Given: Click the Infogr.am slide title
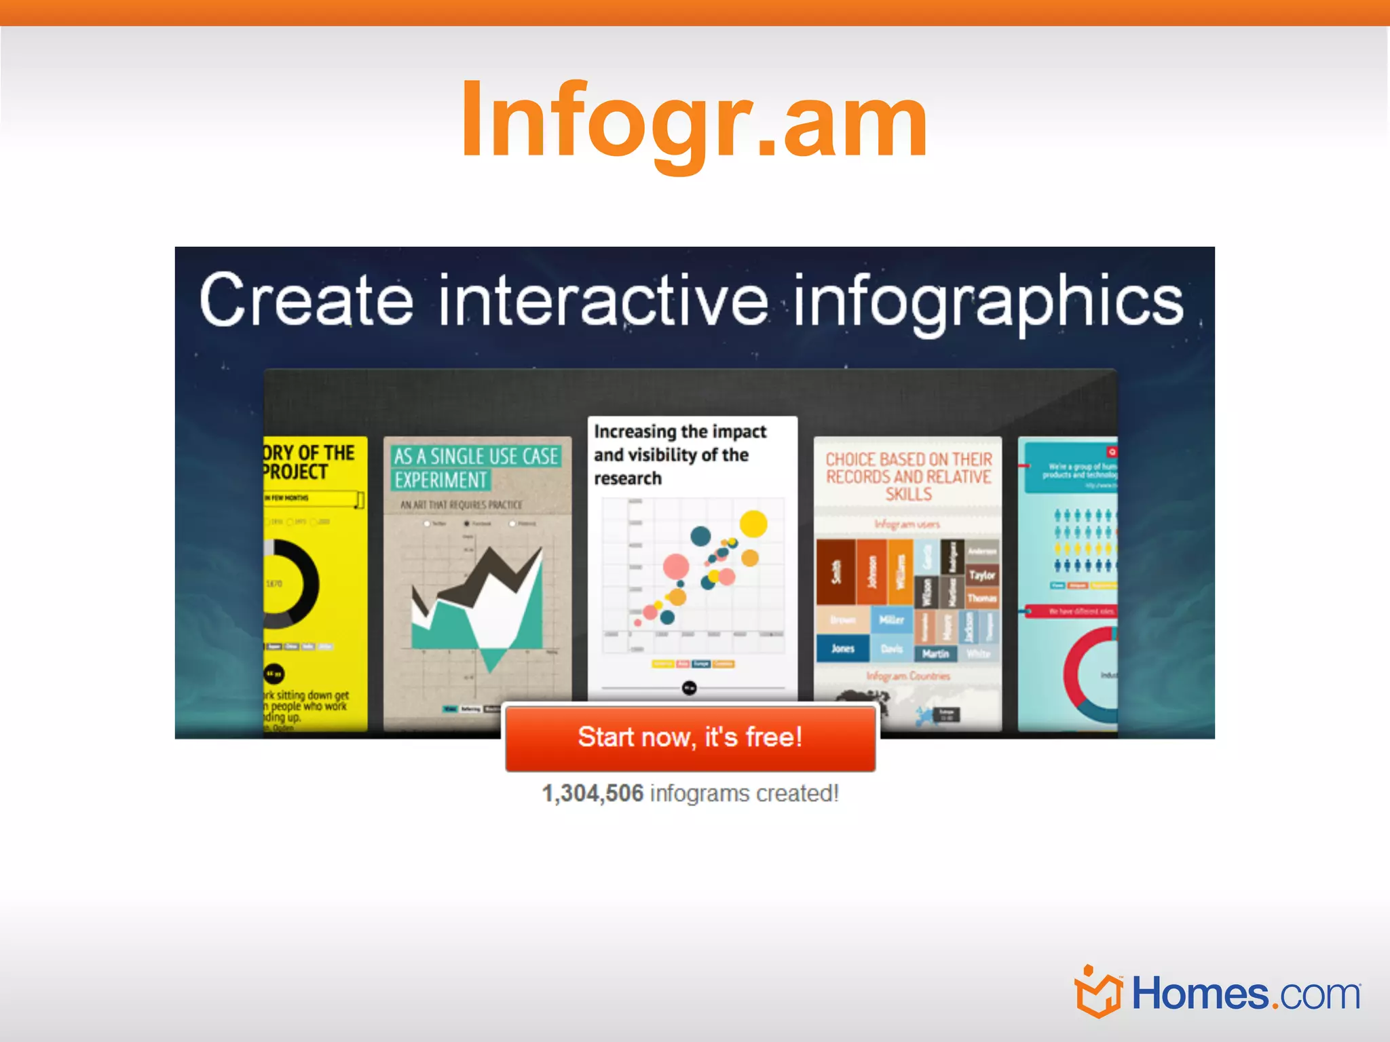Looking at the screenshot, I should (x=694, y=121).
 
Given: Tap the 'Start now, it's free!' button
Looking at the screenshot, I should (x=690, y=737).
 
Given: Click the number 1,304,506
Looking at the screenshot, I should (x=592, y=793).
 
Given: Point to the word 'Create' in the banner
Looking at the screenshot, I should (x=306, y=301).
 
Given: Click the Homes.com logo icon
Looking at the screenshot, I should (x=1097, y=992).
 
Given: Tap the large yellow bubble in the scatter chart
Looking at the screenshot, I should (x=753, y=524).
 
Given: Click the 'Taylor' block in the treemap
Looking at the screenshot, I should (x=981, y=575).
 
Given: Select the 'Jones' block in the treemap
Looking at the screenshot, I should (x=842, y=649).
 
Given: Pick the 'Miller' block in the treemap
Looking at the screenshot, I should (x=891, y=620).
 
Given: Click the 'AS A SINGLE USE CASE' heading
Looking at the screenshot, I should (x=476, y=457).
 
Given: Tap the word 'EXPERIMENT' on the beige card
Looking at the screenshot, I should (x=440, y=480).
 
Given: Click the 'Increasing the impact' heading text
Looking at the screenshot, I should (x=680, y=432).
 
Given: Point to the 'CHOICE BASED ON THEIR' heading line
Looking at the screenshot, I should (x=908, y=459).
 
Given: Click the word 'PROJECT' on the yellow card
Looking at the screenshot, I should (x=296, y=472).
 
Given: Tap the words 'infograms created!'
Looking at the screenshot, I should (x=745, y=793).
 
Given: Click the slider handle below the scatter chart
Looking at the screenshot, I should (x=689, y=688).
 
